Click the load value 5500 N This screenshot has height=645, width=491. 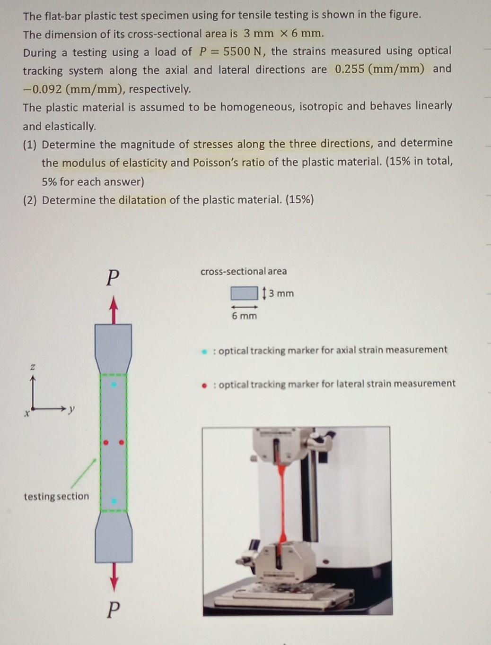tap(242, 52)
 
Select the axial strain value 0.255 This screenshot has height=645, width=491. tap(350, 69)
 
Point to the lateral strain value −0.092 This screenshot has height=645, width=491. tap(43, 89)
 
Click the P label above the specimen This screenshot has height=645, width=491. tap(112, 278)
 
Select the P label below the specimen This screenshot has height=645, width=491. tap(113, 610)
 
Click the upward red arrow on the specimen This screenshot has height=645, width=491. tap(113, 310)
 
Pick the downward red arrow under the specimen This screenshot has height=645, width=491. tap(113, 576)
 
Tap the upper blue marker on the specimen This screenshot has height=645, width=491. tap(113, 385)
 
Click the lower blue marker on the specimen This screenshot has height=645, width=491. tap(113, 500)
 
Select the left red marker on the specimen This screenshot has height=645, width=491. tap(106, 443)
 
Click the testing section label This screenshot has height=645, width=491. tap(56, 496)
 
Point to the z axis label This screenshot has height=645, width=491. tap(33, 366)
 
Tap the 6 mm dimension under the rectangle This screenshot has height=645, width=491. tap(244, 316)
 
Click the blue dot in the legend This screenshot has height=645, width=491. tap(204, 351)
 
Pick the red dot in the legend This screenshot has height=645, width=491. tap(204, 385)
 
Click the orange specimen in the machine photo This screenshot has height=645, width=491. tap(282, 501)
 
